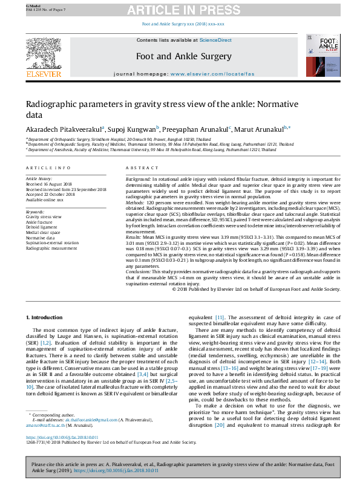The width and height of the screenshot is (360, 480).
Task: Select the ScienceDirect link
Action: coord(216,40)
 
